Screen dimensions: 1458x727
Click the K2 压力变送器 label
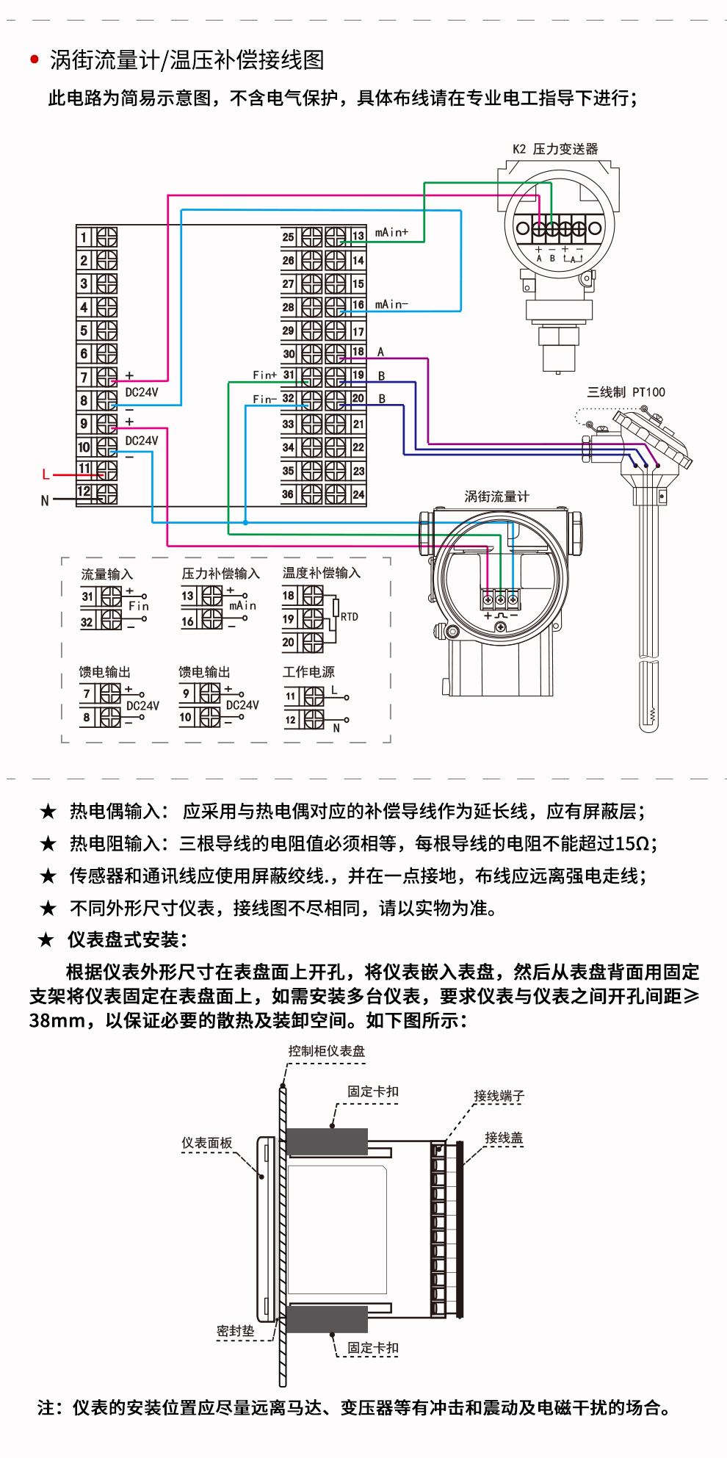click(x=555, y=149)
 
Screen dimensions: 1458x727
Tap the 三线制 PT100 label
click(x=626, y=392)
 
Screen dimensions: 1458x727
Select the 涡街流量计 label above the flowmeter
click(x=496, y=497)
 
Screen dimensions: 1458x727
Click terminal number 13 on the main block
click(x=358, y=236)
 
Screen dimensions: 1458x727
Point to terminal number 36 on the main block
click(x=288, y=494)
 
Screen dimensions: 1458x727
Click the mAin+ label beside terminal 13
click(x=391, y=232)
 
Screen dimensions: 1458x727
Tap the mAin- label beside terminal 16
click(x=391, y=304)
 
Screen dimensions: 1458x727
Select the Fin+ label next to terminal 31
click(x=264, y=375)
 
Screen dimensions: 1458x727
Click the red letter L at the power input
click(x=46, y=474)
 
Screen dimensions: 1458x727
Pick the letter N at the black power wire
click(x=45, y=501)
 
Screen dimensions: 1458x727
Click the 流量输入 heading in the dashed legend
click(x=107, y=574)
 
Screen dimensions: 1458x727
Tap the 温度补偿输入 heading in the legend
click(x=322, y=573)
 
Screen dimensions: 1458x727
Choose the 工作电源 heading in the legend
click(x=308, y=672)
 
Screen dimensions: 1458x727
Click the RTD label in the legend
click(x=350, y=617)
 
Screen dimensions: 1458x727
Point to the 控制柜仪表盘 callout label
click(x=326, y=1051)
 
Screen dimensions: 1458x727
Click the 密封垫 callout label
click(x=235, y=1331)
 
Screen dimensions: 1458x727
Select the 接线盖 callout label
click(x=504, y=1138)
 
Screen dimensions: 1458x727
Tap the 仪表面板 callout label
click(x=207, y=1143)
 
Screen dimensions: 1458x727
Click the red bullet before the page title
click(x=35, y=59)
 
